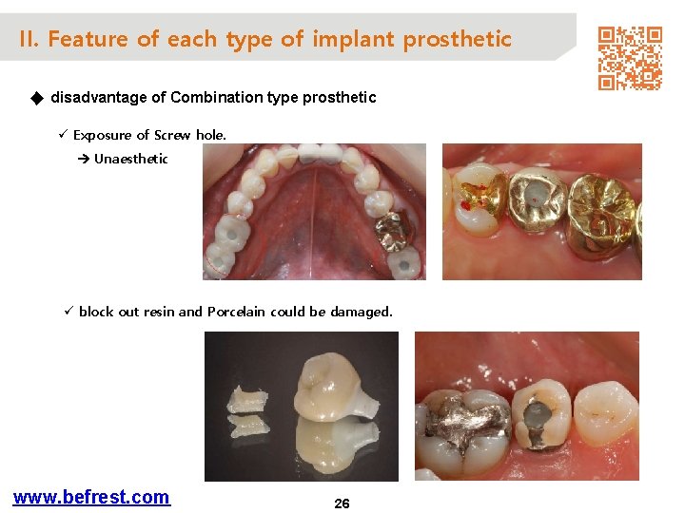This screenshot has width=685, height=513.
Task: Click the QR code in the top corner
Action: click(629, 58)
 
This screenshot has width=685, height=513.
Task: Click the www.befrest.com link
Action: click(91, 497)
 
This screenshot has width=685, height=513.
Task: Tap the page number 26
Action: click(342, 503)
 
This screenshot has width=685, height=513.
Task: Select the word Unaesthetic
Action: click(130, 159)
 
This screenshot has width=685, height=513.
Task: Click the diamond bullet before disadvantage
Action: click(37, 97)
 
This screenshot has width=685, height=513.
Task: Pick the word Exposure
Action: click(103, 135)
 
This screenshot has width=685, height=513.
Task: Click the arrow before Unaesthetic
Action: click(83, 159)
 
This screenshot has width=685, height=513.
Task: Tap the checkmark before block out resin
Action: click(68, 312)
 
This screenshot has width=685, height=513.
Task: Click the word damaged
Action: click(362, 312)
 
